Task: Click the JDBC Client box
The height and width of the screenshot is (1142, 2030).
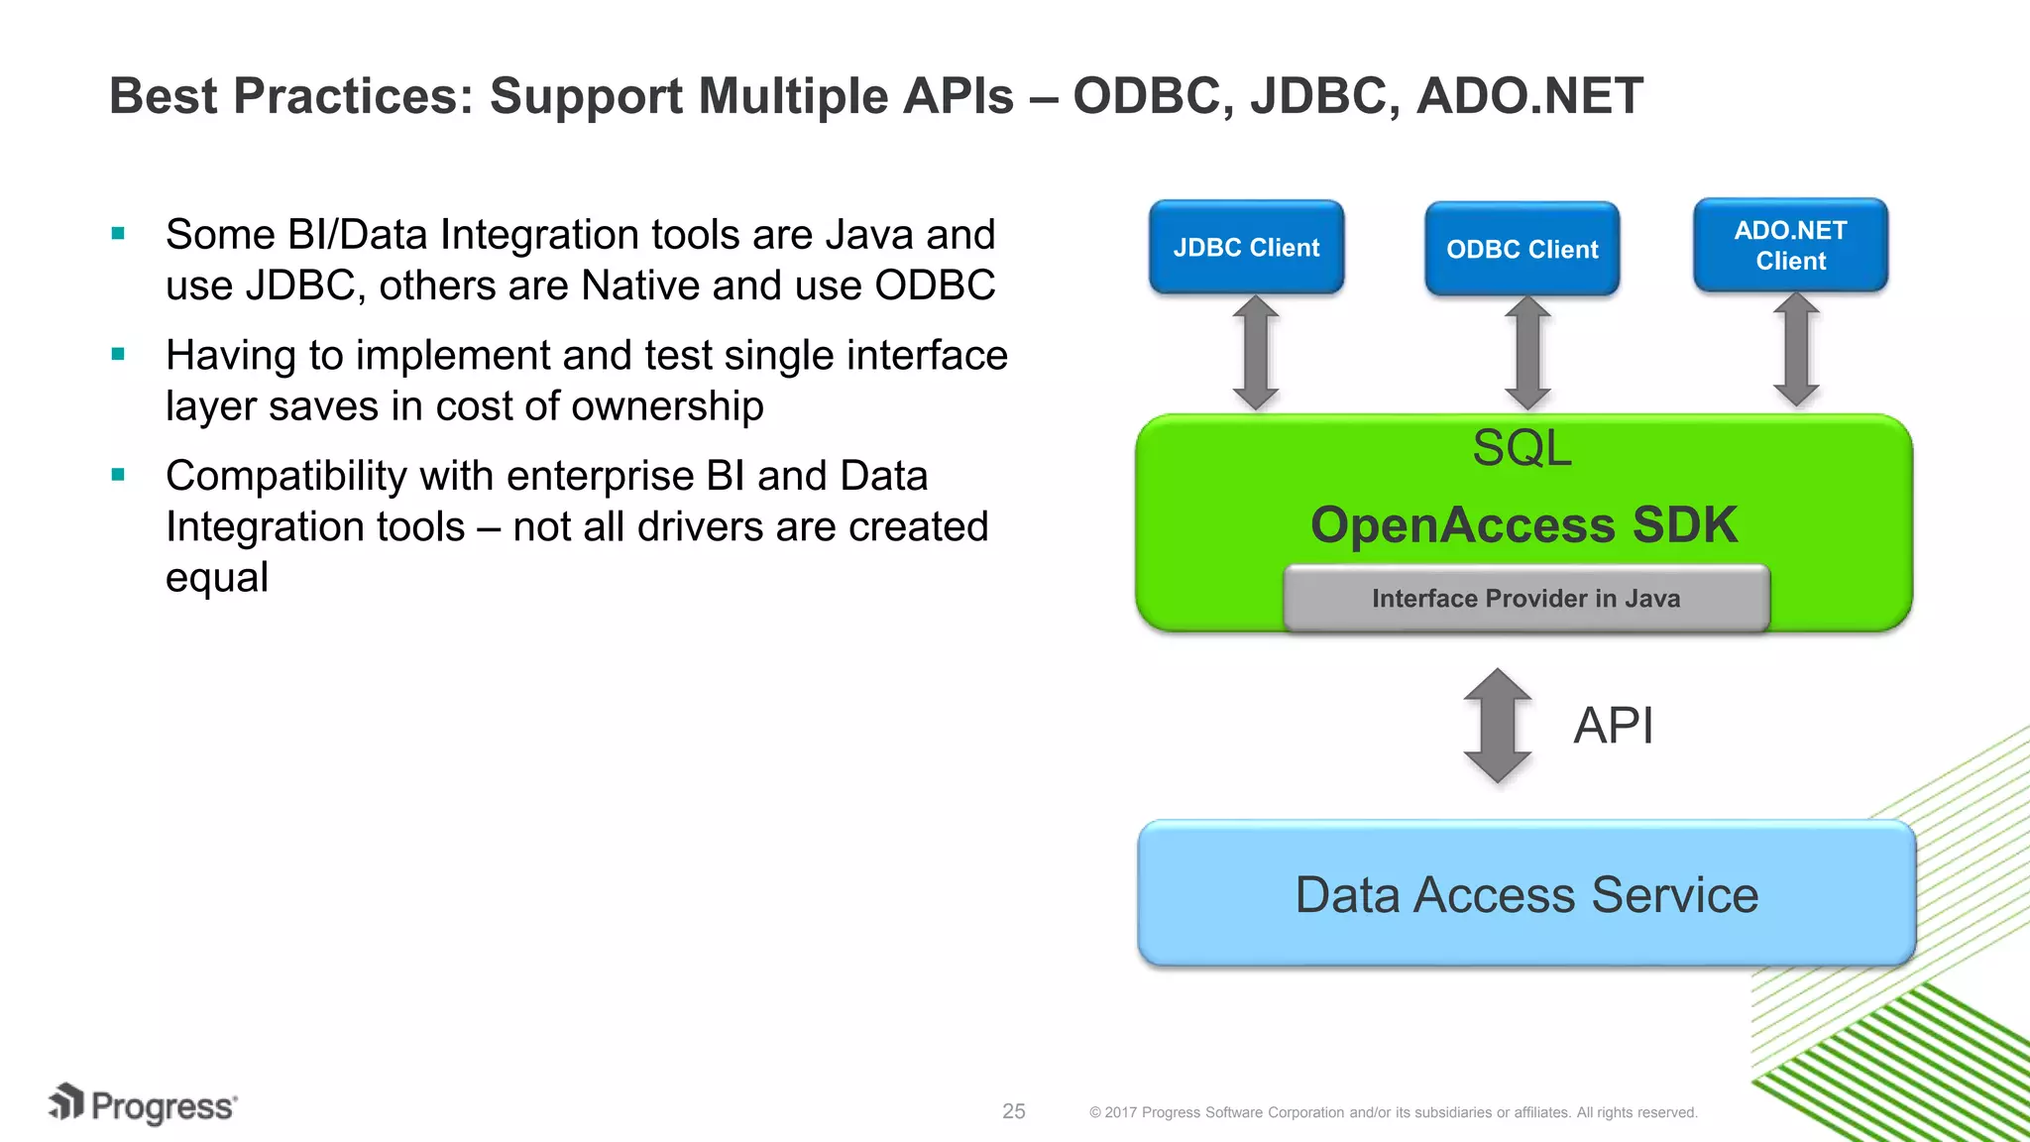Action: (1246, 247)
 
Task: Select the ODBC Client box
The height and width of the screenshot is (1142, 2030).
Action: (1522, 249)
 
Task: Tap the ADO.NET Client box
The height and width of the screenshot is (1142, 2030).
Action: (1790, 245)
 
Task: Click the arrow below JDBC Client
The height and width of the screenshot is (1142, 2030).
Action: (1255, 352)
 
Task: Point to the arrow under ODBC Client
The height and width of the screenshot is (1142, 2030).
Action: (1526, 353)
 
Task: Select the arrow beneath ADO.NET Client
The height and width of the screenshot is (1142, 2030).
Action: (1795, 350)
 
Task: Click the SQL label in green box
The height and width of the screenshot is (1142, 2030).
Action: (1522, 448)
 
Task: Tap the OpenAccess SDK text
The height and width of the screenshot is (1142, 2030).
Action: (1523, 524)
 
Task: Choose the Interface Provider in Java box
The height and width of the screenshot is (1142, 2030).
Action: (1525, 598)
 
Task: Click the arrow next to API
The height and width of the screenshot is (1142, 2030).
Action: (1497, 726)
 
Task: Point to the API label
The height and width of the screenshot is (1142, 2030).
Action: (1613, 726)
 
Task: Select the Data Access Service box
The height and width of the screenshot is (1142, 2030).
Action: (1525, 893)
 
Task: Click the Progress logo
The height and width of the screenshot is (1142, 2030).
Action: (143, 1104)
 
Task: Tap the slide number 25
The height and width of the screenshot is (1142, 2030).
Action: (1013, 1111)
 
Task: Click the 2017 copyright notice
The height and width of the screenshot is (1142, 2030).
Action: (1393, 1112)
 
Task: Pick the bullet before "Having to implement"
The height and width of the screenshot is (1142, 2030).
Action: (118, 355)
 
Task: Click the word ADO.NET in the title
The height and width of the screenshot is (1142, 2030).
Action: (1529, 96)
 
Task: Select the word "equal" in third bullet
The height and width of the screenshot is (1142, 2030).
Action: (216, 577)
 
